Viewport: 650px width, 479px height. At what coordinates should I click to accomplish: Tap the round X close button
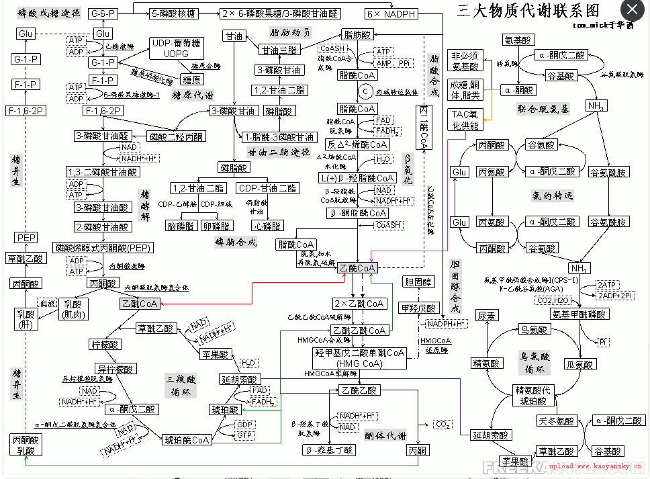633,11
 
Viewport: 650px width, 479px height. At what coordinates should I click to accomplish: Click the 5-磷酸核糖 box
173,13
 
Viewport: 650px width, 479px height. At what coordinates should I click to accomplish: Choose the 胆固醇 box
419,281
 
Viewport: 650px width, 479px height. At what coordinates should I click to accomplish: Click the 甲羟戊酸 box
418,308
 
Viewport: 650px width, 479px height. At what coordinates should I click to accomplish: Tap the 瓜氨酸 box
580,364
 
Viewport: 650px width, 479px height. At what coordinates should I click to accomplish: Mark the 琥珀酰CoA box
187,440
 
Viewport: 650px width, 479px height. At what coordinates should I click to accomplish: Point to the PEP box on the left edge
26,238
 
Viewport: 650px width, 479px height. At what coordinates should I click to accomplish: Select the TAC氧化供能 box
464,120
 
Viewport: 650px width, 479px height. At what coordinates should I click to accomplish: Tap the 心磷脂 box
267,226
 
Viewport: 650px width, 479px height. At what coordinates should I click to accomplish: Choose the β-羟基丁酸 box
328,450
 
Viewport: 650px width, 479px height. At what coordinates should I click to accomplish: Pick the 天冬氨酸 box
556,421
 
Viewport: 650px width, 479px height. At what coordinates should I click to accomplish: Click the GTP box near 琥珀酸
244,436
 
